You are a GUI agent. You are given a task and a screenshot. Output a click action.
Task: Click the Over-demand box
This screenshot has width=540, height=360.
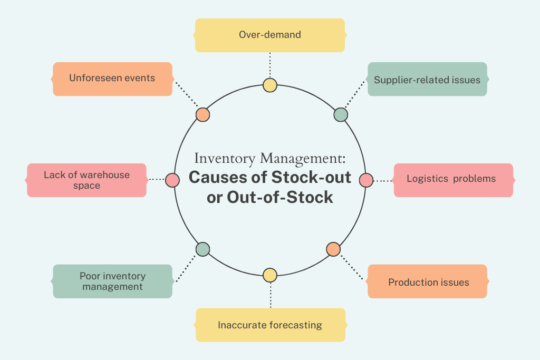click(269, 34)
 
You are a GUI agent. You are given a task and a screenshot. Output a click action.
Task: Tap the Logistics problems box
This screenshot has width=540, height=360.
click(452, 180)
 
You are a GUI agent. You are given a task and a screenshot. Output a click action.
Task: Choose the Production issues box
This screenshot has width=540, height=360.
click(427, 282)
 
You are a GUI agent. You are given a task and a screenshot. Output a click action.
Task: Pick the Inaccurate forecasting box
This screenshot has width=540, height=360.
click(269, 325)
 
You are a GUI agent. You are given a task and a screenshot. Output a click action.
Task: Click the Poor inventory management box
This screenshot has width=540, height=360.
click(111, 281)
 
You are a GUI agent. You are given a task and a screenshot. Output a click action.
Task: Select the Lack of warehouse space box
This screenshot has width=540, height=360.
click(86, 180)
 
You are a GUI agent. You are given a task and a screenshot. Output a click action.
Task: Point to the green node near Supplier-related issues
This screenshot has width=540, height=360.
click(340, 114)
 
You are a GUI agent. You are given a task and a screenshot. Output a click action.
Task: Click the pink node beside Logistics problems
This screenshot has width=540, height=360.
click(365, 180)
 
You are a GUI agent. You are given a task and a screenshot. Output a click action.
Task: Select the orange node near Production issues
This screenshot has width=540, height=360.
click(333, 249)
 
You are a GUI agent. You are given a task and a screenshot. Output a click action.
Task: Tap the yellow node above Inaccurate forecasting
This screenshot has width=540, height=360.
click(269, 275)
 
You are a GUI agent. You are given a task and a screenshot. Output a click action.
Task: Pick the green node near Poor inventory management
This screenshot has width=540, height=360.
click(203, 248)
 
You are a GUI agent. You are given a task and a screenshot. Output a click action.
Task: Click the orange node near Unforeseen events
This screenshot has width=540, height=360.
click(203, 114)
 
